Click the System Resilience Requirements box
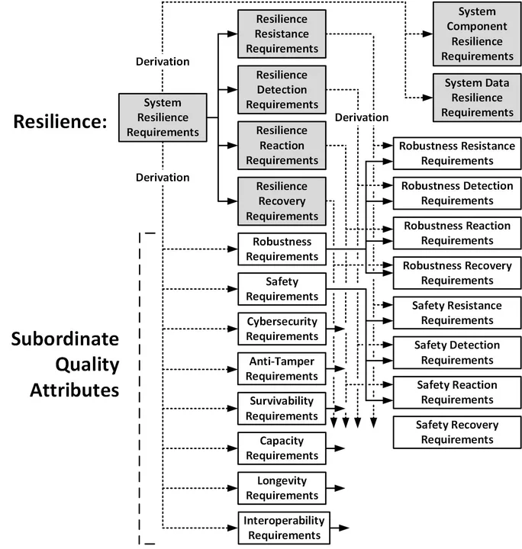click(163, 117)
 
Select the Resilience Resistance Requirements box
click(282, 34)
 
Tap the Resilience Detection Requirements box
click(282, 89)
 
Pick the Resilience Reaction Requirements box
click(282, 145)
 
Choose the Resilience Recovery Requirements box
click(282, 201)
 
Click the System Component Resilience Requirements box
click(476, 34)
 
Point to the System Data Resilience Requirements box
click(476, 97)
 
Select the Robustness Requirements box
click(282, 249)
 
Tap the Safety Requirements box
click(282, 289)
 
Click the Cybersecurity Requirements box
click(282, 329)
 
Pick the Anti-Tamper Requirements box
click(282, 368)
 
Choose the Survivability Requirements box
click(282, 408)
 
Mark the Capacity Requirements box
click(282, 448)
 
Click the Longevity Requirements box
click(282, 488)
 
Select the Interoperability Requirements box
click(284, 528)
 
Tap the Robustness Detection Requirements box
click(457, 193)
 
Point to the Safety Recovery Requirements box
click(457, 432)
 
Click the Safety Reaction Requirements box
click(457, 392)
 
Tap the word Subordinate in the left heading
click(65, 339)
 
